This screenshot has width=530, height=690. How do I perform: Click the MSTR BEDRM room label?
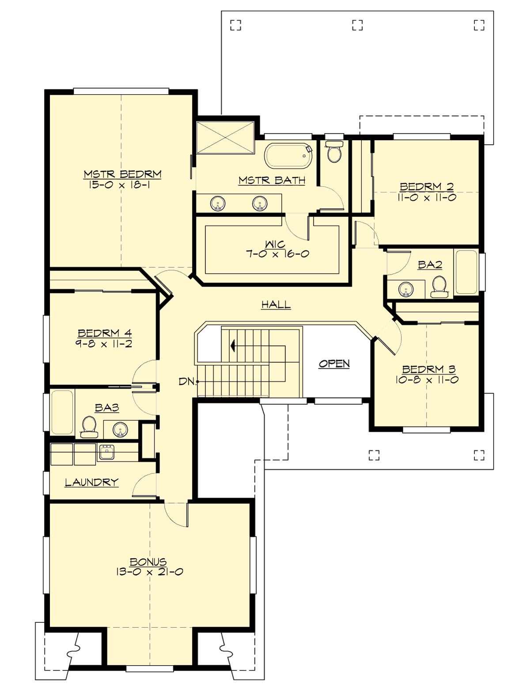(x=122, y=174)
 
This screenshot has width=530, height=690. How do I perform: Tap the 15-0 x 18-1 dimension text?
(x=119, y=185)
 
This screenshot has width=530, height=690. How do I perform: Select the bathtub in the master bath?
(x=288, y=155)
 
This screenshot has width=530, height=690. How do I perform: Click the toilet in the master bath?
(x=333, y=152)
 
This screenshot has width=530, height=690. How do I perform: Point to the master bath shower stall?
(x=225, y=137)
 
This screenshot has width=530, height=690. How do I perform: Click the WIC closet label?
(x=275, y=244)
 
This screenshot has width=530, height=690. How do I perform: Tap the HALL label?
(x=276, y=304)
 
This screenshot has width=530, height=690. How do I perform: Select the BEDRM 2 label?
(x=427, y=186)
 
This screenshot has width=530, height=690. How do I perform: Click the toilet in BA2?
(x=439, y=286)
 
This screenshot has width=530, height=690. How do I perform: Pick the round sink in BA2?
(x=406, y=290)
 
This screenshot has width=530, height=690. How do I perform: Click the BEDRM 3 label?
(x=429, y=369)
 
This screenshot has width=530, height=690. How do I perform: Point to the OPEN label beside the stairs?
(x=334, y=364)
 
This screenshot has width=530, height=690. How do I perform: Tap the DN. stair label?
(x=188, y=381)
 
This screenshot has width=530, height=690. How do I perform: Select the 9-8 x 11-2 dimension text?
(x=104, y=344)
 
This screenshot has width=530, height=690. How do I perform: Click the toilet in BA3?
(x=89, y=426)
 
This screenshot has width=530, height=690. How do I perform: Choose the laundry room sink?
(x=106, y=452)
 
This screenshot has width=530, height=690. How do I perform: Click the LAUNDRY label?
(x=92, y=482)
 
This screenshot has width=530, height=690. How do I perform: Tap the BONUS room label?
(x=148, y=561)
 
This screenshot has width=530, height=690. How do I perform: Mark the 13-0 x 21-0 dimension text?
(x=149, y=572)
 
